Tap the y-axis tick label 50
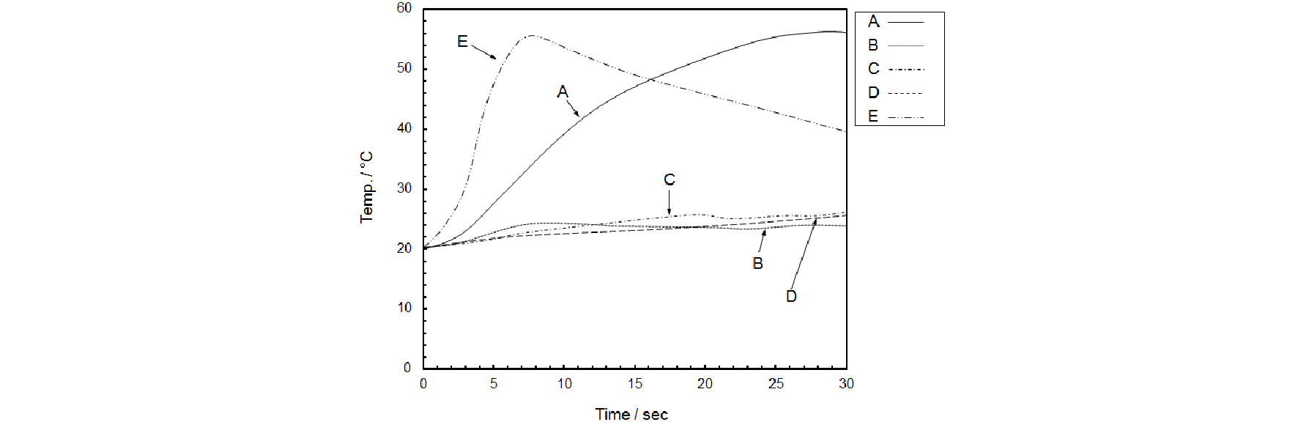tap(404, 68)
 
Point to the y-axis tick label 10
tap(404, 308)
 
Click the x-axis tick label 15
tap(634, 384)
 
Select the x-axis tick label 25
tap(776, 384)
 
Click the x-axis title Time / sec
tap(631, 415)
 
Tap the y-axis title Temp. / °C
tap(366, 188)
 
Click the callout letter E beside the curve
tap(462, 42)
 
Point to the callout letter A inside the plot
tap(563, 92)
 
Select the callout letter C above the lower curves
tap(670, 180)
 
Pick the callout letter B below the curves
tap(758, 263)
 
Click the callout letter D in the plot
tap(791, 296)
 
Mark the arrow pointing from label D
tap(804, 253)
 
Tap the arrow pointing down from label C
tap(669, 202)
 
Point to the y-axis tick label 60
tap(404, 8)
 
